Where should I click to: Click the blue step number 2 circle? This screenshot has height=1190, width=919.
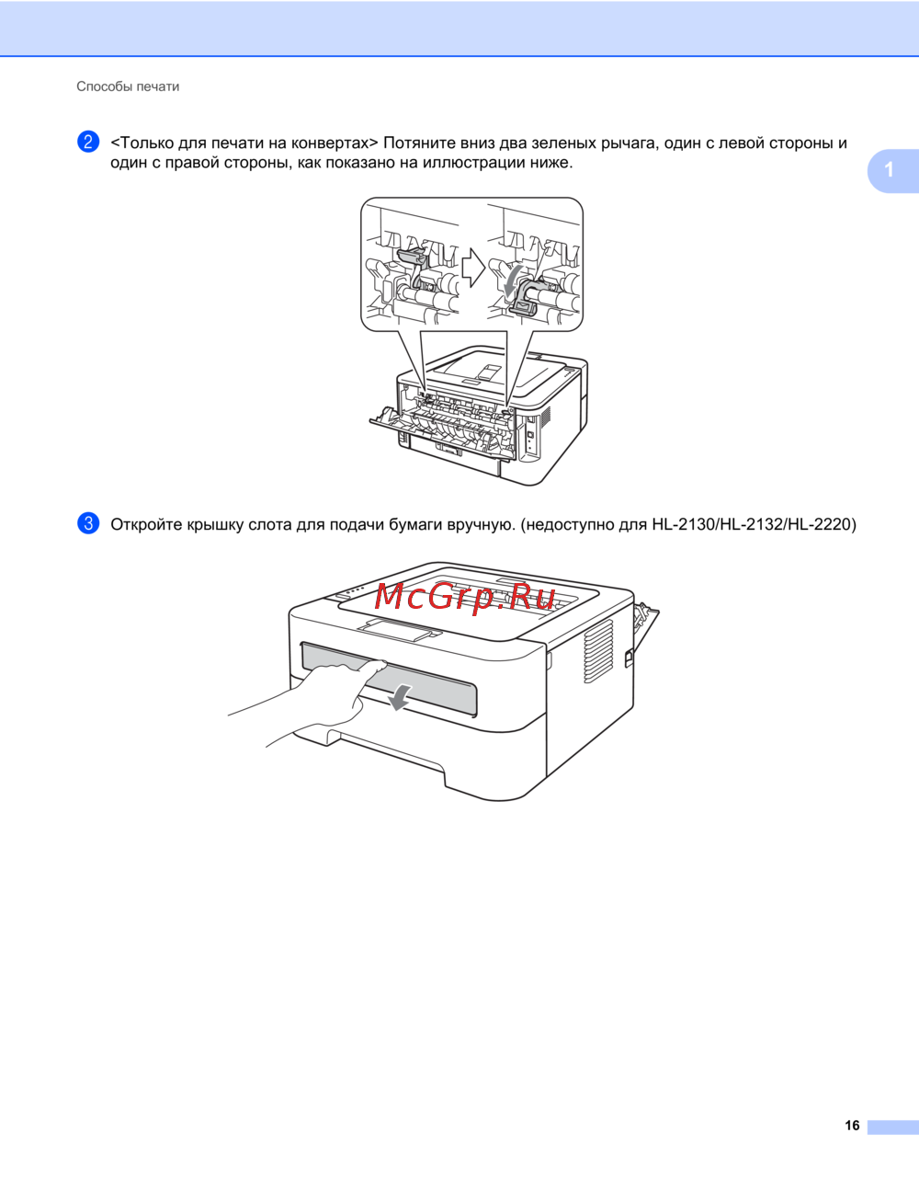[88, 142]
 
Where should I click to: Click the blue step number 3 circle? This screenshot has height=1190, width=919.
[88, 523]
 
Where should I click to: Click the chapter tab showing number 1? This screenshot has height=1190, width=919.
[892, 170]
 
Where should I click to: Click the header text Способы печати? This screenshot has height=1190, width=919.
[128, 86]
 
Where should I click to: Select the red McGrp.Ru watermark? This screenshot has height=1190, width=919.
[466, 597]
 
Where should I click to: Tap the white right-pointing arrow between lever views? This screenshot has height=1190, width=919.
[473, 269]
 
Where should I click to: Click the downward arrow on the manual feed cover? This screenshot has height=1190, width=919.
[399, 699]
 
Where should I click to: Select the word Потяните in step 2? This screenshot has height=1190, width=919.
[418, 143]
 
